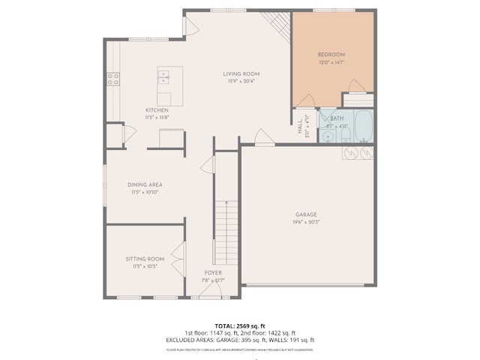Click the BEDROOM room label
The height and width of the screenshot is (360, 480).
click(x=331, y=55)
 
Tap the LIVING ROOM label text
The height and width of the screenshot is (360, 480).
click(x=241, y=73)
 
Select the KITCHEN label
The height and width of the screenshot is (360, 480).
click(x=157, y=110)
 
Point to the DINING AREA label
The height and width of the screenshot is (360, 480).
click(x=144, y=184)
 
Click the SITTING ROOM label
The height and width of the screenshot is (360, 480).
click(x=144, y=259)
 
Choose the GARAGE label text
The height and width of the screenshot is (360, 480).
click(x=306, y=214)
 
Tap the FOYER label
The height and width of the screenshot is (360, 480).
click(x=213, y=273)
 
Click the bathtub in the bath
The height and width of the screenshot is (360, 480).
click(x=363, y=126)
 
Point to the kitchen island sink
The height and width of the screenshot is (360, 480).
click(x=164, y=76)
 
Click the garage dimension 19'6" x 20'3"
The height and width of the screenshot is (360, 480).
click(x=306, y=222)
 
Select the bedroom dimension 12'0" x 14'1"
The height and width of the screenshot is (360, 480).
click(x=331, y=62)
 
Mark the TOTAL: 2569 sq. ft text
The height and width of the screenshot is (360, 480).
click(x=240, y=326)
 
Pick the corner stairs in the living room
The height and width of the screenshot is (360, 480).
click(x=278, y=26)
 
